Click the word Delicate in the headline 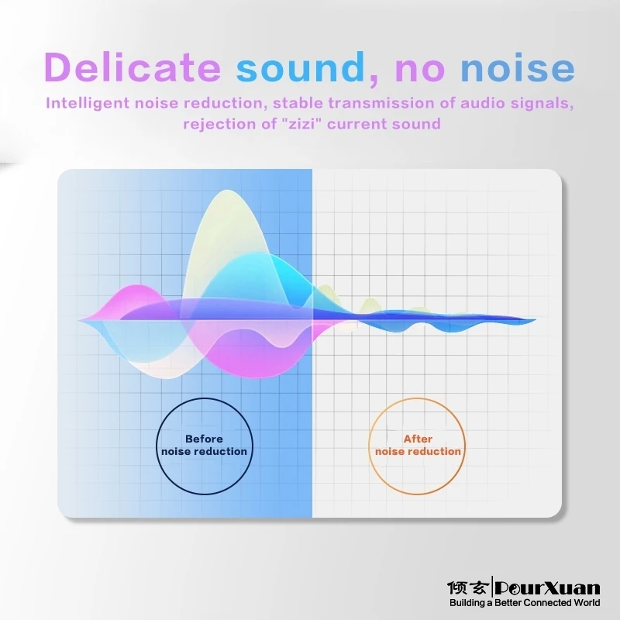[x=133, y=67]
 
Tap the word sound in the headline [x=301, y=67]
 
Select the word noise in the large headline [x=518, y=69]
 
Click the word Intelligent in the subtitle [x=88, y=104]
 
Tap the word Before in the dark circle [x=204, y=439]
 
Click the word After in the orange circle [x=418, y=439]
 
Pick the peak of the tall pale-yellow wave [x=228, y=191]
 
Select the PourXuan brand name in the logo [x=548, y=588]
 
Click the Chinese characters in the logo [x=467, y=588]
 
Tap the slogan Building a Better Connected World [x=525, y=603]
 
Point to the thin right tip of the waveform [x=535, y=319]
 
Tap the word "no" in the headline [x=420, y=69]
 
